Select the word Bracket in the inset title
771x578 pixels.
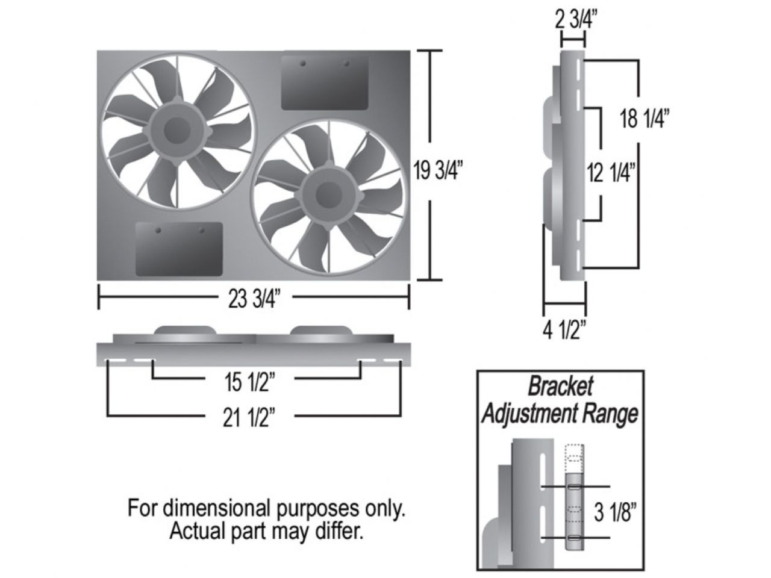click(560, 387)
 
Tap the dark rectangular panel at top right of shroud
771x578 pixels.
click(325, 83)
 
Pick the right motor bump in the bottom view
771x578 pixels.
click(322, 331)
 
